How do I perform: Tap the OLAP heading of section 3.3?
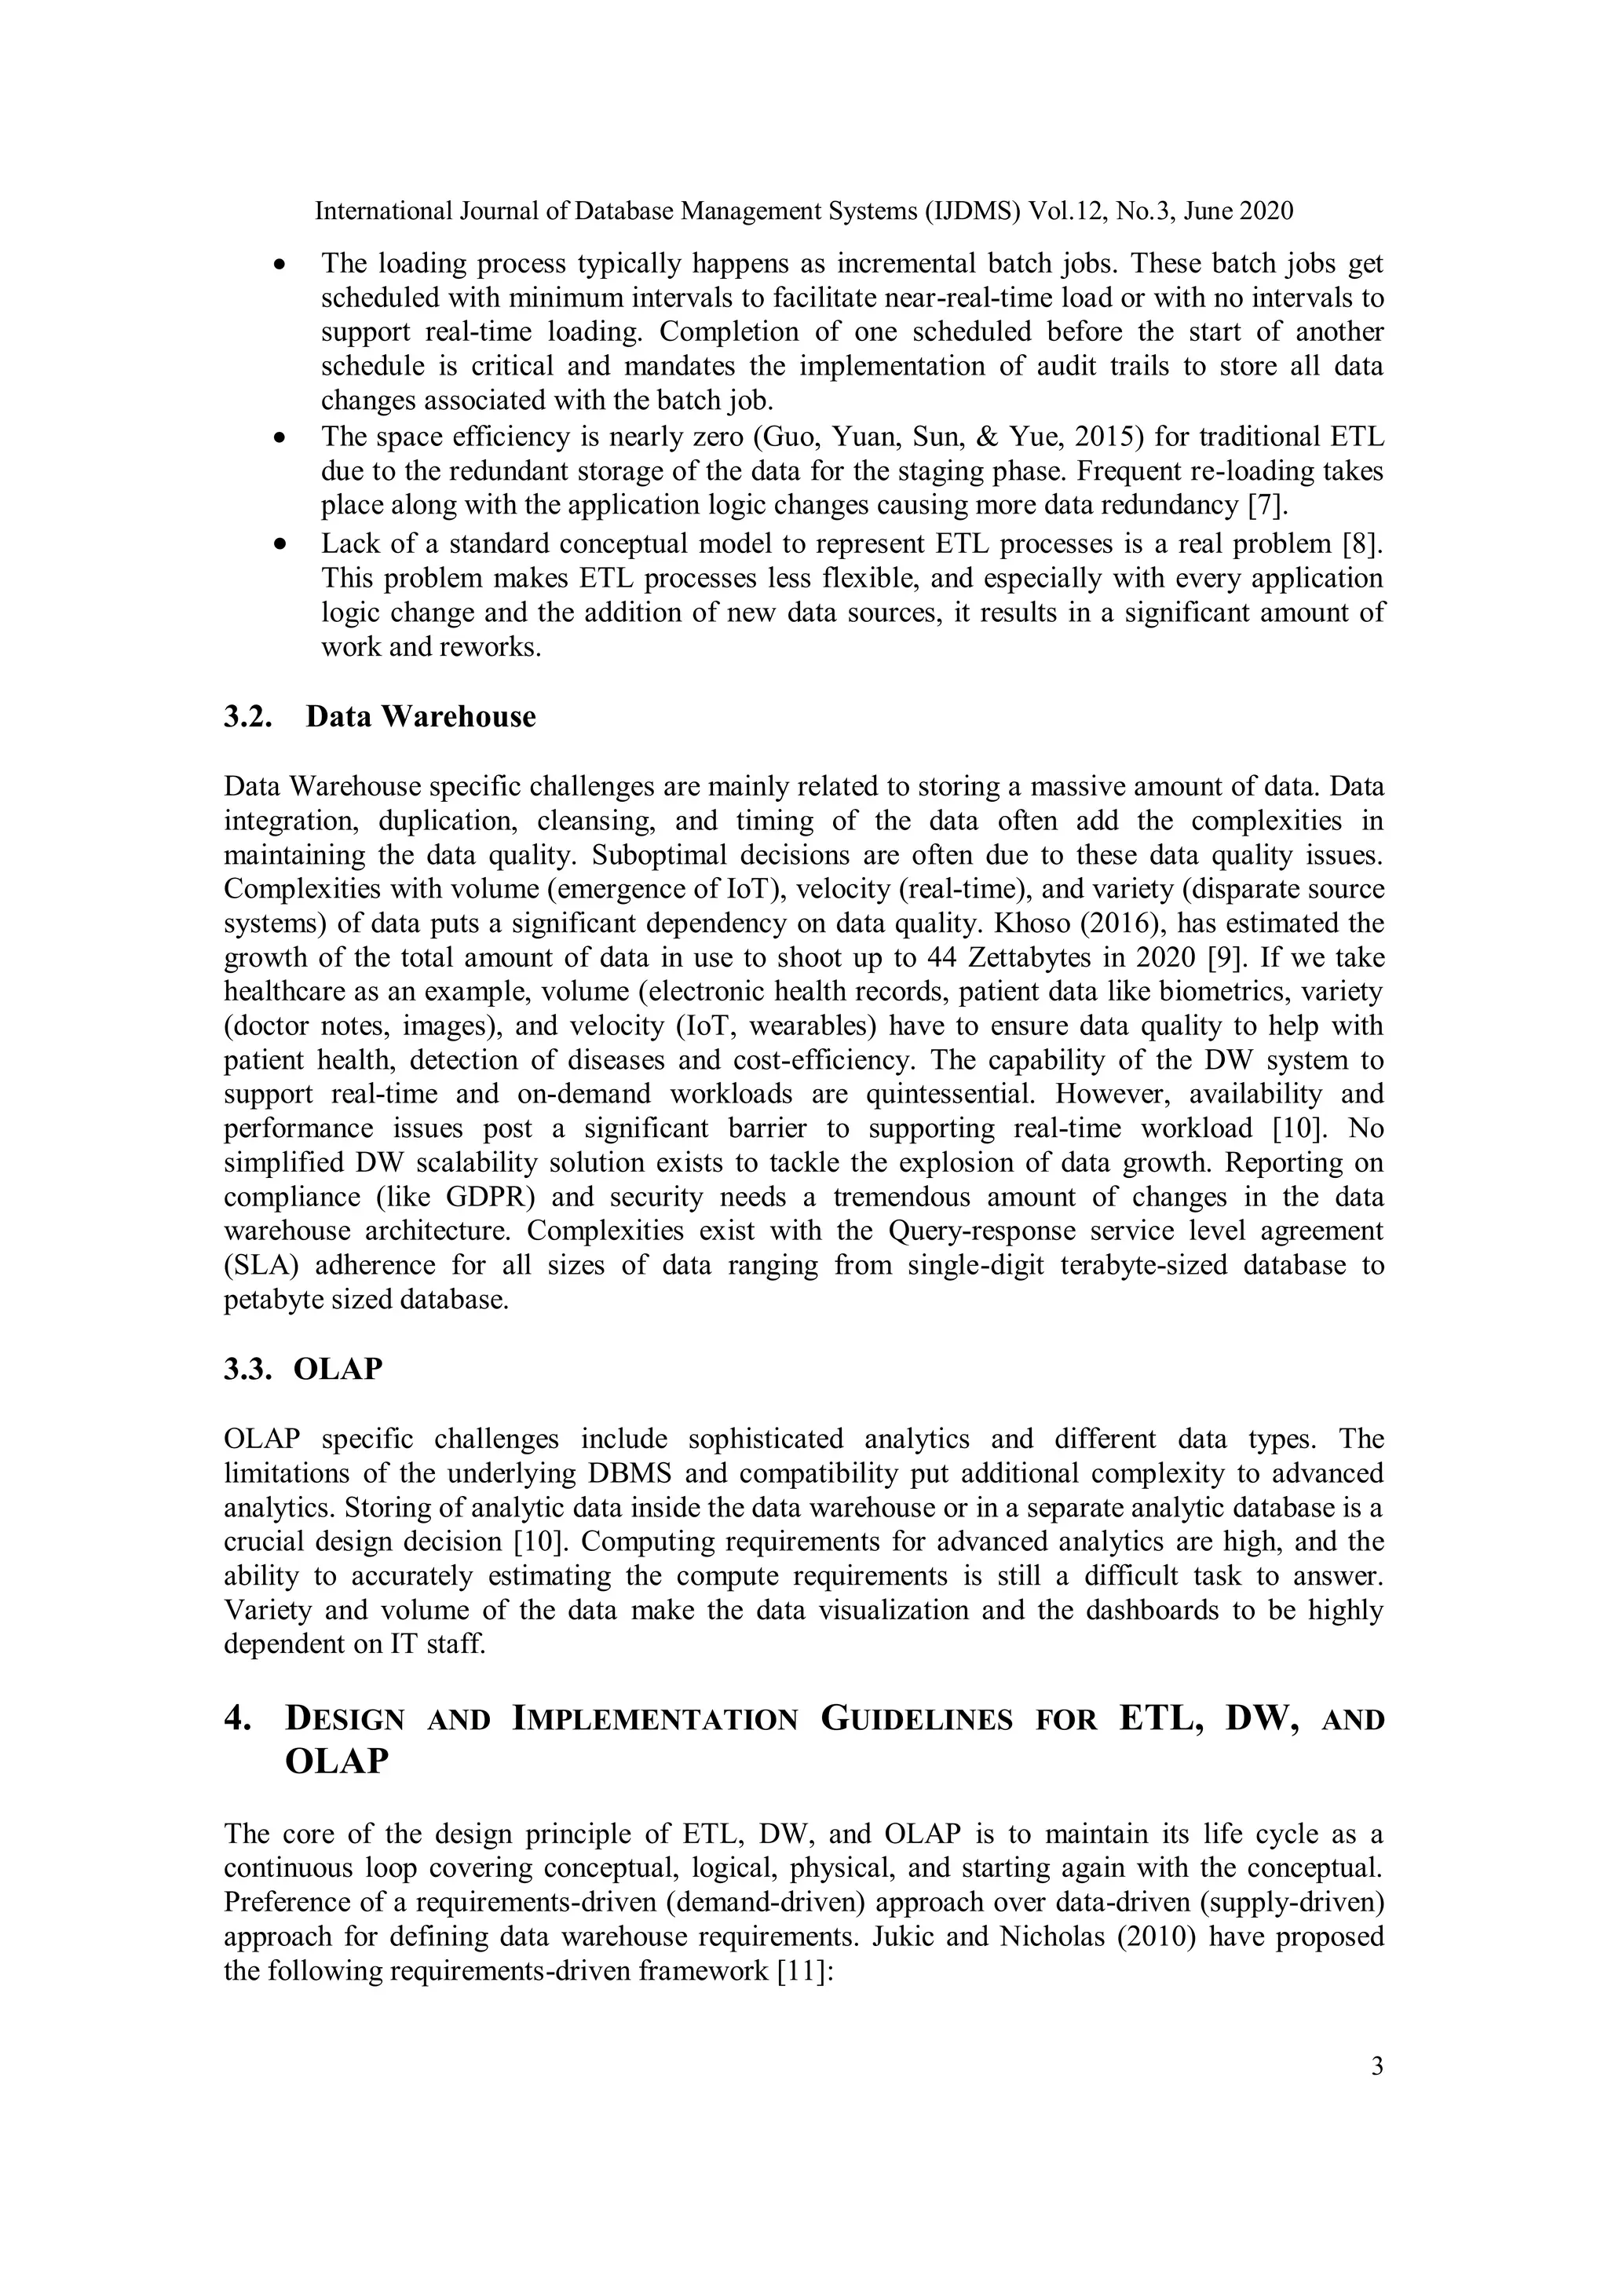click(338, 1368)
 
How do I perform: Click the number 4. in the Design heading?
click(238, 1718)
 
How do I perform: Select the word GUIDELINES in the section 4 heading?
click(916, 1718)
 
